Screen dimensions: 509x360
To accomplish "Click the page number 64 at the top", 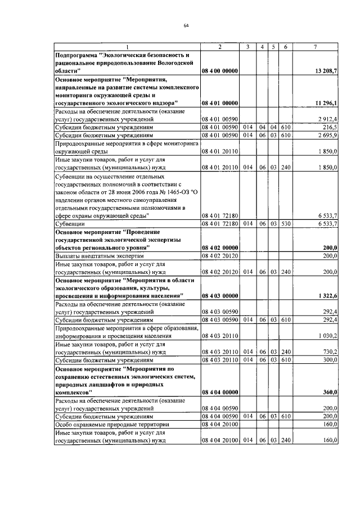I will (x=186, y=25).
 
